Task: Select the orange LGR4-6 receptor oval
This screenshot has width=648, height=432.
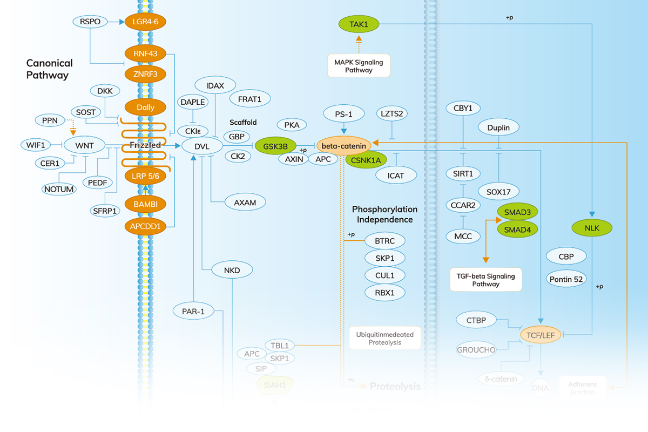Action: point(145,22)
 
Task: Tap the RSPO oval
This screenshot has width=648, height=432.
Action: point(90,22)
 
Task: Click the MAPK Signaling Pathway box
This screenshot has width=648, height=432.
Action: point(359,66)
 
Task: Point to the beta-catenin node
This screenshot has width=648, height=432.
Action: point(344,145)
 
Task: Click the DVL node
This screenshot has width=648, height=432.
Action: point(202,146)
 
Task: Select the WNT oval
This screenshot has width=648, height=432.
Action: point(84,145)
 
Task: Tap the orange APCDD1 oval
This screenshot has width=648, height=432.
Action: point(145,226)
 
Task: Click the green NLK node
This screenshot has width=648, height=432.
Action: point(592,227)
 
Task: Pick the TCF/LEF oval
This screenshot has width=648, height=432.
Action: point(542,335)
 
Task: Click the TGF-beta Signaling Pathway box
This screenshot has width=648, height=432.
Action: point(486,280)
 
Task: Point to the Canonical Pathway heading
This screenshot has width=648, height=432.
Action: point(50,69)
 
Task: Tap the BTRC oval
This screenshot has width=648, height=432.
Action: point(384,240)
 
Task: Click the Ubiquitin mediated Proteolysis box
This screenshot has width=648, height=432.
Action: point(385,338)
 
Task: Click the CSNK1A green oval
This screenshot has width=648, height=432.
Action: point(367,160)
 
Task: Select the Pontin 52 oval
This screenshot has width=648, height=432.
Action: point(566,279)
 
